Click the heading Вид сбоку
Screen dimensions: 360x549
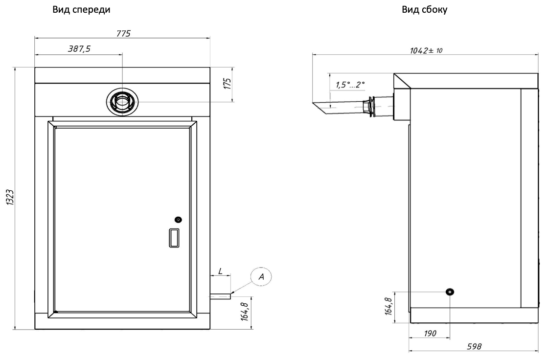(x=425, y=10)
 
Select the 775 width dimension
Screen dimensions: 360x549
(x=123, y=34)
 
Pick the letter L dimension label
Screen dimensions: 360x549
(x=221, y=271)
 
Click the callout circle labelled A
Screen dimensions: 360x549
(x=261, y=276)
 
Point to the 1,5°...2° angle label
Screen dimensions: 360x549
(x=350, y=85)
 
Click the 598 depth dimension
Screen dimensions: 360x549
(x=474, y=346)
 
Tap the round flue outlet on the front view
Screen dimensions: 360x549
(x=122, y=102)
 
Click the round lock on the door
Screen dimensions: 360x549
(x=178, y=220)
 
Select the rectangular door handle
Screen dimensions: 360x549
(x=174, y=238)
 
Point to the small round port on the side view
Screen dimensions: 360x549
(x=450, y=292)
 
